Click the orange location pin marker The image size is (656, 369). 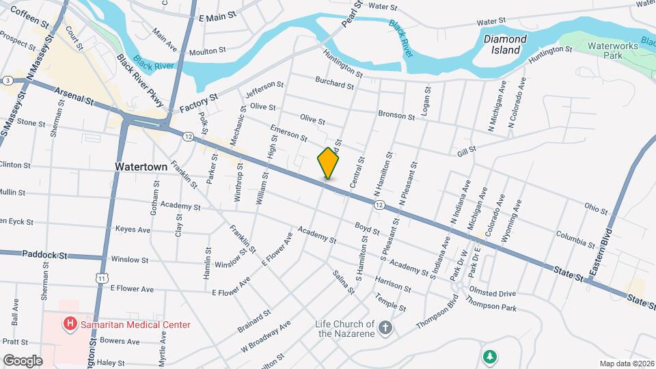click(329, 163)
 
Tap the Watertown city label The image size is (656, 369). click(137, 167)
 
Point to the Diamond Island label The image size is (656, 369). click(506, 44)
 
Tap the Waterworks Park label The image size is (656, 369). click(608, 49)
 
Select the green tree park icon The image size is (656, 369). click(489, 356)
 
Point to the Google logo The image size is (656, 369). click(22, 360)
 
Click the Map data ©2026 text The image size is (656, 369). click(626, 364)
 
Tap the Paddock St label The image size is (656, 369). click(45, 255)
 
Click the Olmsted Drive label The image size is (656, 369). click(493, 292)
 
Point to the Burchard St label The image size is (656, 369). click(334, 86)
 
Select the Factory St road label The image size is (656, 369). click(198, 104)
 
